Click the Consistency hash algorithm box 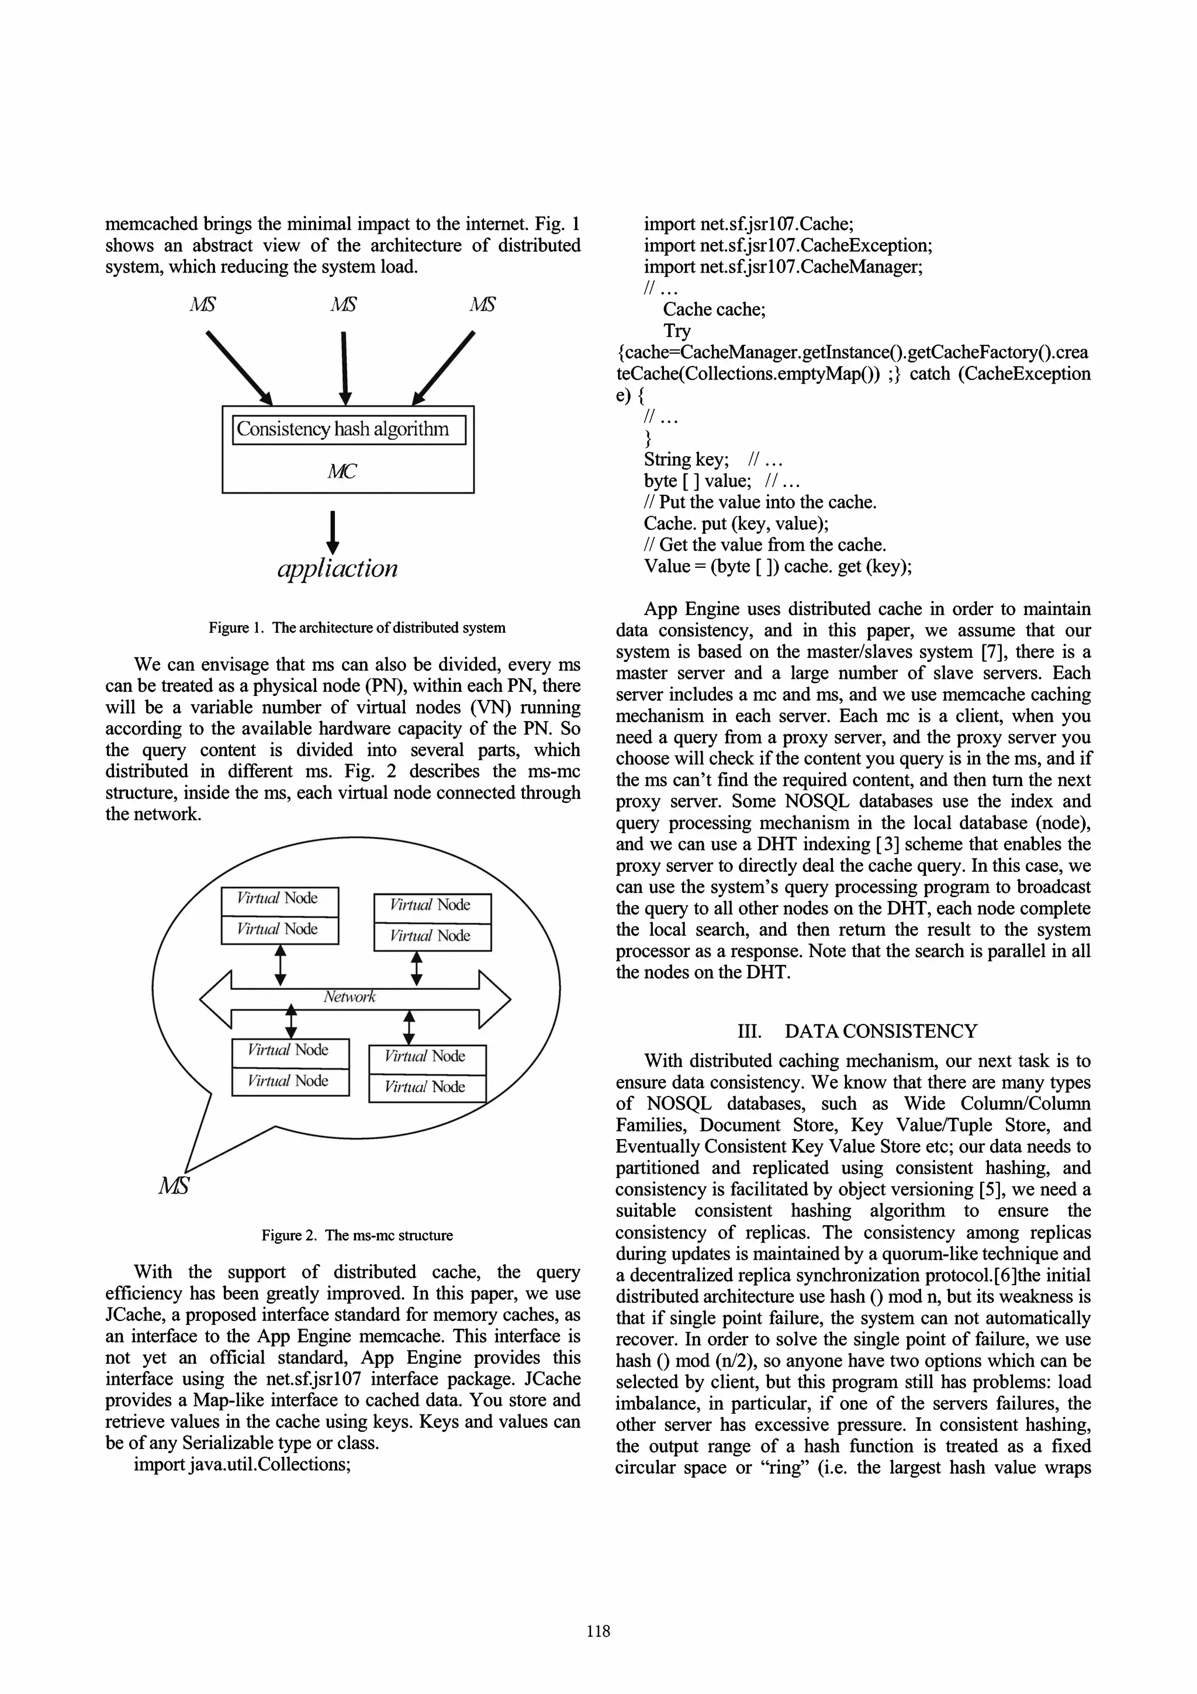349,430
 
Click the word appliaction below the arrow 338,568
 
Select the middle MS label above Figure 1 343,304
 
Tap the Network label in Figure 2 350,997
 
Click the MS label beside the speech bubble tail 175,1186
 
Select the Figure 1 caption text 357,628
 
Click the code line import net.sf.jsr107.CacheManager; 783,267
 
